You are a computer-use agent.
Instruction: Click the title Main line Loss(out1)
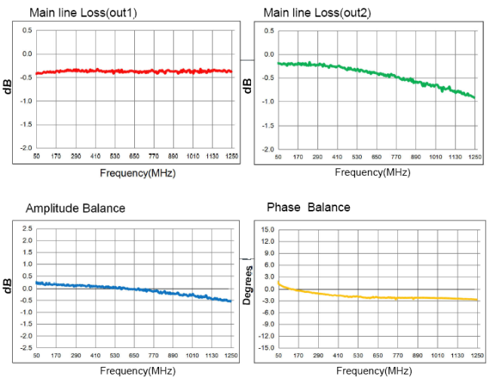point(83,13)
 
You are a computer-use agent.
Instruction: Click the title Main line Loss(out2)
point(317,13)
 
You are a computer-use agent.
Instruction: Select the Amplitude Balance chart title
point(75,208)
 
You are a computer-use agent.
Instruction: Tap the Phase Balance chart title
point(308,207)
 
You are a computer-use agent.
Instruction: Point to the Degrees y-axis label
point(247,285)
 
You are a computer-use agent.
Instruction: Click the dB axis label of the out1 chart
point(8,87)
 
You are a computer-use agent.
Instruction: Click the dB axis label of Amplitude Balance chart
point(8,285)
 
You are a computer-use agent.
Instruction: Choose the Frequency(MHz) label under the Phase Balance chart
point(374,371)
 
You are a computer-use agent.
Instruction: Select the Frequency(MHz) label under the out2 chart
point(372,172)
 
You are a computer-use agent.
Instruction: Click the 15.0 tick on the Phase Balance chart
point(268,230)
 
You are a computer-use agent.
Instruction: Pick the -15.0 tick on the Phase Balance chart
point(267,348)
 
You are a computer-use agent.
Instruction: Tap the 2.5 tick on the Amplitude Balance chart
point(27,229)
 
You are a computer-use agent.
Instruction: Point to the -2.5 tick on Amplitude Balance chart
point(26,347)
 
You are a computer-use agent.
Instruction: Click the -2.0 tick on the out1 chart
point(26,148)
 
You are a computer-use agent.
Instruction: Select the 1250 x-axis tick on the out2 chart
point(475,156)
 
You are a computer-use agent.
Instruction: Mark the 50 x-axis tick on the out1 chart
point(37,156)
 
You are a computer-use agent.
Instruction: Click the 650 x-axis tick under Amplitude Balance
point(134,356)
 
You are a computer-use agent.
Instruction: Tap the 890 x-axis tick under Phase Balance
point(417,356)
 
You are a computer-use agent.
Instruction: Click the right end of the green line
point(475,97)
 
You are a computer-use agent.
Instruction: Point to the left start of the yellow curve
point(278,282)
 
